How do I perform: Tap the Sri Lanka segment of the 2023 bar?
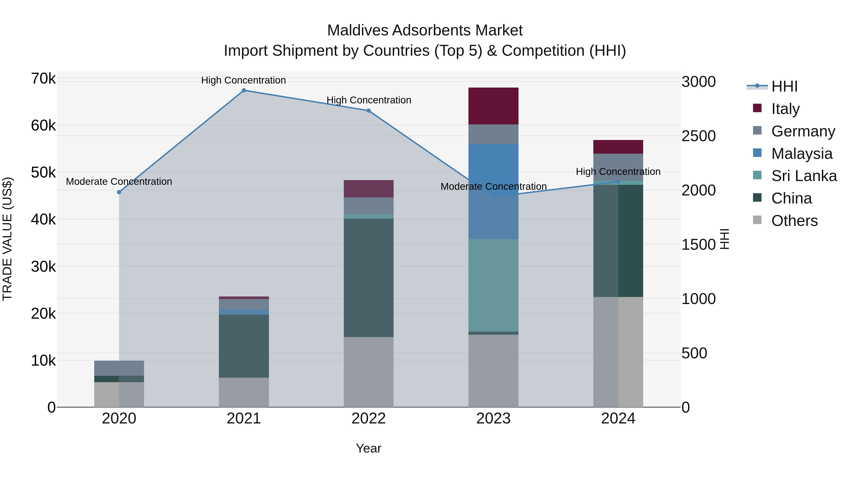point(493,285)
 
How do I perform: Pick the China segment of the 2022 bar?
point(369,277)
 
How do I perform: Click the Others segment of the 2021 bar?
point(244,392)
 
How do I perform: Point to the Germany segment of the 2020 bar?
point(119,368)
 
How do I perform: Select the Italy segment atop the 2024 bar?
point(618,147)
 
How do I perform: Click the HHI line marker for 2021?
point(244,90)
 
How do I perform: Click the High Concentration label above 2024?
point(618,172)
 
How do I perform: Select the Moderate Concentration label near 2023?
point(493,187)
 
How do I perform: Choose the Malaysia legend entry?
point(802,154)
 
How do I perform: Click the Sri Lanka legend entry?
point(804,176)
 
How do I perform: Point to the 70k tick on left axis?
point(43,79)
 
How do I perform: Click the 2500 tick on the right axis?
point(698,136)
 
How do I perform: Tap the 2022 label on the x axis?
point(369,419)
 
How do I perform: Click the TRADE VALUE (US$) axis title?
point(7,239)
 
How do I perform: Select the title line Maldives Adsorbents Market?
point(425,30)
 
